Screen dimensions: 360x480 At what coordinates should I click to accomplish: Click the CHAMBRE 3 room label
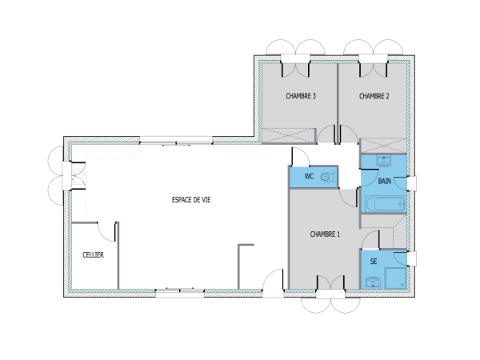pos(301,96)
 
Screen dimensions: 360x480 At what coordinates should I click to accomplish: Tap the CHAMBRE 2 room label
pos(374,96)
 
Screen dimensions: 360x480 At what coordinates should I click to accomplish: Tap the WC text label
pos(308,176)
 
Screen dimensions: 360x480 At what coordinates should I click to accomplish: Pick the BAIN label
pos(385,182)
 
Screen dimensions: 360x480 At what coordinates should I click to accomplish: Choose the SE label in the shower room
pos(374,262)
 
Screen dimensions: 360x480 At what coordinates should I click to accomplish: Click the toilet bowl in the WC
pos(326,176)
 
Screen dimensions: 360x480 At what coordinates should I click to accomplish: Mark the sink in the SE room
pos(373,281)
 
